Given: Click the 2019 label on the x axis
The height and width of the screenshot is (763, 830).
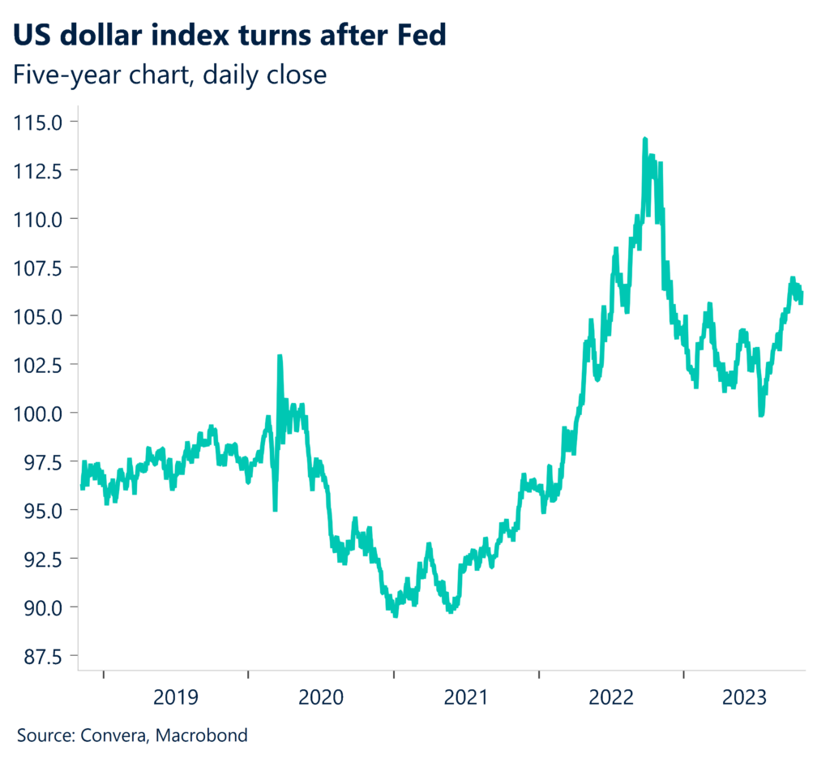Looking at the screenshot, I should (x=177, y=697).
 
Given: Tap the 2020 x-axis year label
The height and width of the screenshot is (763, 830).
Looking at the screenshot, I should (x=322, y=697).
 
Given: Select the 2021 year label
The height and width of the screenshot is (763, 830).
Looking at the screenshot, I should (x=467, y=697).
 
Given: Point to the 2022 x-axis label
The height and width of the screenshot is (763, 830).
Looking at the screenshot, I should (x=612, y=697).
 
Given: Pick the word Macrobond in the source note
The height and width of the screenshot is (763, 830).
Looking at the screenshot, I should (x=203, y=736).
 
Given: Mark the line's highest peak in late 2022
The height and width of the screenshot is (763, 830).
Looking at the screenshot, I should (x=644, y=139).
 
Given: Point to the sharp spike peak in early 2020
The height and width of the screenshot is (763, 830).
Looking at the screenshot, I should (x=280, y=356).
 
